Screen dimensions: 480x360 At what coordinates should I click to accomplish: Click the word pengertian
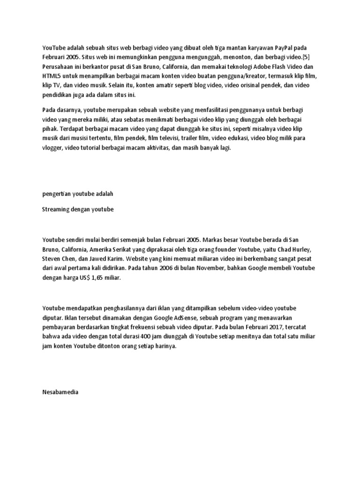click(x=59, y=193)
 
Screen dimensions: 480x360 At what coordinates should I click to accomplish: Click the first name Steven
click(x=52, y=259)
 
